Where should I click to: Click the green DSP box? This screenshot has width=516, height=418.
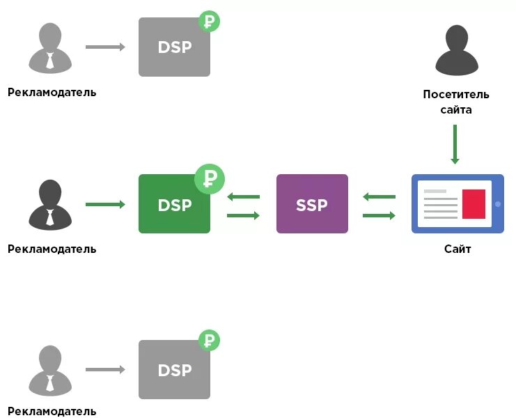(x=174, y=203)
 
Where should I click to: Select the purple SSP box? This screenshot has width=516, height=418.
(x=312, y=203)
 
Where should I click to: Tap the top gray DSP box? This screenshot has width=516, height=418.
(x=174, y=47)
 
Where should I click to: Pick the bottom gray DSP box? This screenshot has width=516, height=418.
(x=174, y=369)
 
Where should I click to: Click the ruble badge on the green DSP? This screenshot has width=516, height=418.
(x=209, y=179)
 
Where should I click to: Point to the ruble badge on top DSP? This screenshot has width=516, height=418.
(x=209, y=22)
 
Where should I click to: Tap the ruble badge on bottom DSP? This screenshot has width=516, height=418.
(x=209, y=341)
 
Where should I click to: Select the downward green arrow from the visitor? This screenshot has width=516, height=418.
(x=455, y=145)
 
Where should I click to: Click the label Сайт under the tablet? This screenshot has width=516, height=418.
(x=458, y=249)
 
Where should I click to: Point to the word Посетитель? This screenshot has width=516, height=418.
(x=456, y=94)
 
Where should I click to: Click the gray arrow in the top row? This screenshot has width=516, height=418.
(x=105, y=47)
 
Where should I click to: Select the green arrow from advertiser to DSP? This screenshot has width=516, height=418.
(x=105, y=204)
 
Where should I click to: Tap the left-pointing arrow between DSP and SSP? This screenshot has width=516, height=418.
(x=243, y=197)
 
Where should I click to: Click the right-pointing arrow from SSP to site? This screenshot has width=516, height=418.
(x=380, y=215)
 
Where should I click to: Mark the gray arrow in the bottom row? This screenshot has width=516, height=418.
(x=105, y=370)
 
